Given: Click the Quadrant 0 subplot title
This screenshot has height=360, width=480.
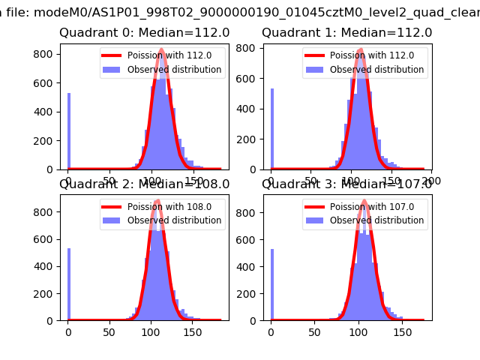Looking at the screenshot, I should [x=145, y=33].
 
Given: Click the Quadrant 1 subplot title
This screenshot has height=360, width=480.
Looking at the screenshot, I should [x=347, y=33].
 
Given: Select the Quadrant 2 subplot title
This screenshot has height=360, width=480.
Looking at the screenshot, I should [x=145, y=185].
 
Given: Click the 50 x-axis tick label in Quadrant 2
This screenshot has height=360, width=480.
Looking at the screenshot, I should [x=109, y=331].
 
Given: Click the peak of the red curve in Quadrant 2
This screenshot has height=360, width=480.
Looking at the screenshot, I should [x=156, y=200].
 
